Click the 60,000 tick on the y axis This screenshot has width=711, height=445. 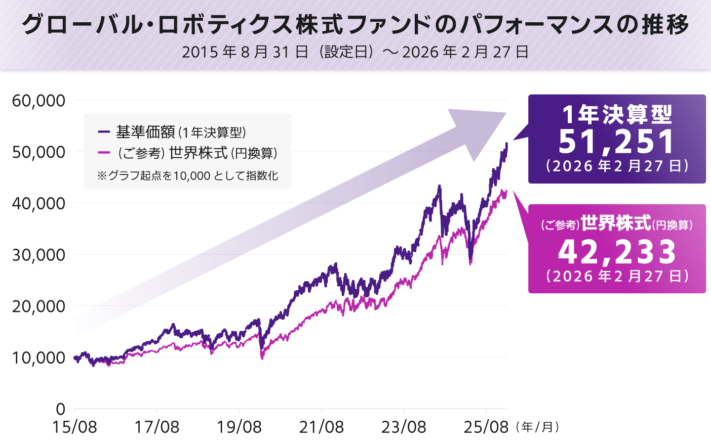click(x=39, y=100)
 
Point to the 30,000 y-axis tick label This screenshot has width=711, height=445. click(x=39, y=255)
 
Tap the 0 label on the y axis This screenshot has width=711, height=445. click(x=60, y=409)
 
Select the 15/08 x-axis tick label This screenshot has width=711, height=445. click(x=75, y=427)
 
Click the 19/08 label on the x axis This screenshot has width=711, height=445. click(x=239, y=427)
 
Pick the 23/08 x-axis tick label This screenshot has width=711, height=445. click(x=403, y=427)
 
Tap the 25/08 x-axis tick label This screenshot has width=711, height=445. click(x=486, y=427)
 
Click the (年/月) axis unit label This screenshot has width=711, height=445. click(x=537, y=427)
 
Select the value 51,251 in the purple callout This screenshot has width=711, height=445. click(x=617, y=142)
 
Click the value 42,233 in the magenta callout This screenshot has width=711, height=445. click(x=617, y=252)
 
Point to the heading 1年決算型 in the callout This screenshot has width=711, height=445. click(x=617, y=115)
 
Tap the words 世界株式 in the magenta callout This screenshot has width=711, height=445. click(x=616, y=223)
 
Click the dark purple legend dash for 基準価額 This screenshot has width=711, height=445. click(x=104, y=132)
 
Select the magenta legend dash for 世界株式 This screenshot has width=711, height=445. click(x=104, y=153)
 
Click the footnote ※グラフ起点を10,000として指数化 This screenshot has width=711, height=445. click(x=188, y=176)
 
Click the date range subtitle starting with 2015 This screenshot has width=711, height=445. click(x=355, y=52)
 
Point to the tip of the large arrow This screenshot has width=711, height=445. click(x=506, y=114)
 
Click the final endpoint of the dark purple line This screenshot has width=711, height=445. click(x=507, y=144)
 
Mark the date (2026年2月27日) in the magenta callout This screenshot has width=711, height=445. click(x=617, y=276)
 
